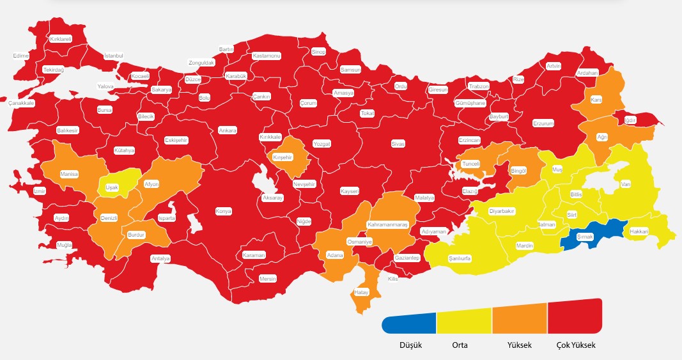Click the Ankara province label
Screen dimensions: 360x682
[x=228, y=130]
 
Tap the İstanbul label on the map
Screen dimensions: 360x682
[x=113, y=56]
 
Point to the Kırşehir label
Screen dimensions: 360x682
[x=282, y=157]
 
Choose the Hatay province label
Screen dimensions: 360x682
[x=362, y=293]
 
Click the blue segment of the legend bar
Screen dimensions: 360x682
[x=410, y=323]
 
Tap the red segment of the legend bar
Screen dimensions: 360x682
[x=575, y=317]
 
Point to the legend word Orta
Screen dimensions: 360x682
[x=460, y=345]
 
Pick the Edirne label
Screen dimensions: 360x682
[x=21, y=56]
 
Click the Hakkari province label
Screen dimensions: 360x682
[x=639, y=231]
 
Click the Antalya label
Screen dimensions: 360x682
[x=160, y=258]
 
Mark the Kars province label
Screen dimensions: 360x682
[x=596, y=100]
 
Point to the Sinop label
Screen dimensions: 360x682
[x=318, y=51]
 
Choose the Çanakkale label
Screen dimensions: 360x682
[x=21, y=103]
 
